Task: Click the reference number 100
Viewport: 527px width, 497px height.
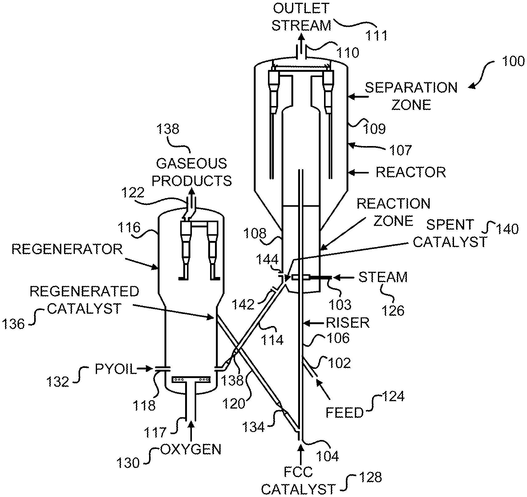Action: (x=513, y=61)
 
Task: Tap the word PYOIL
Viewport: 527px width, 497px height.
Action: (x=116, y=369)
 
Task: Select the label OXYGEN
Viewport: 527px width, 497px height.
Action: (x=191, y=450)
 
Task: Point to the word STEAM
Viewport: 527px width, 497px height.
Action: (x=383, y=277)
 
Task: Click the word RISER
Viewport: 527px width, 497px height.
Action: (x=347, y=323)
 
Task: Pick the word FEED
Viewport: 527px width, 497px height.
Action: (x=345, y=413)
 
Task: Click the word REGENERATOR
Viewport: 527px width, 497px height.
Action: (x=67, y=249)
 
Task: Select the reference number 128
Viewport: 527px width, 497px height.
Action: (x=371, y=477)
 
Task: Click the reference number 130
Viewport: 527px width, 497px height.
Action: (x=128, y=463)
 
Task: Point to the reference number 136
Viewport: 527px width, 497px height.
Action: (x=13, y=324)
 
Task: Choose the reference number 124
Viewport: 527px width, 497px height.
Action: (x=393, y=396)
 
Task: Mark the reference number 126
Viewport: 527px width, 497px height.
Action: (x=393, y=311)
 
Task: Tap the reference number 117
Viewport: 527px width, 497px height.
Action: (x=155, y=433)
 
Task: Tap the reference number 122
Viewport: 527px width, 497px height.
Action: (x=133, y=193)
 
